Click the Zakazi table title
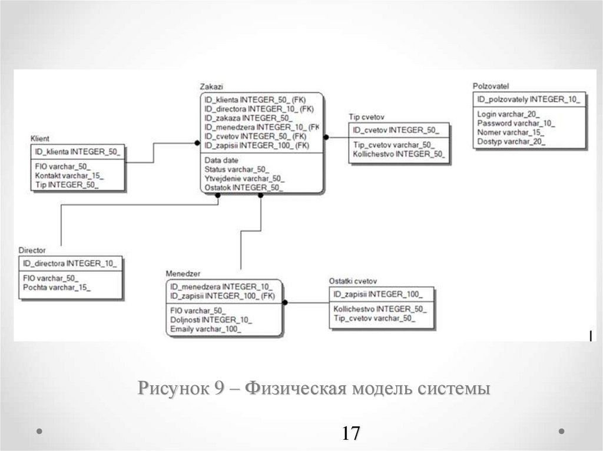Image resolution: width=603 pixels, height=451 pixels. click(x=211, y=86)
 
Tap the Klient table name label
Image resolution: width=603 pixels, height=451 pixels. click(x=39, y=138)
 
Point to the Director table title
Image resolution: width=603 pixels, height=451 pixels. click(x=32, y=250)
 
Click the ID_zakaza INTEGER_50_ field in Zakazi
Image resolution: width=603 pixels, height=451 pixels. click(x=248, y=118)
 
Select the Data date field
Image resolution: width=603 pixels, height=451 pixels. click(x=222, y=160)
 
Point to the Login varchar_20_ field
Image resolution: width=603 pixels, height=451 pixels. click(x=508, y=115)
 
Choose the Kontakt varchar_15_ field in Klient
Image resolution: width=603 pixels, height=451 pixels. click(x=69, y=176)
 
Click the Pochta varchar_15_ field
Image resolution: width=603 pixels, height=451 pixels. click(x=57, y=288)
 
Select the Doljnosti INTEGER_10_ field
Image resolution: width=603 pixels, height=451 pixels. click(x=211, y=320)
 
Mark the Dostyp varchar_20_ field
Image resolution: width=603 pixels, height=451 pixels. click(x=511, y=141)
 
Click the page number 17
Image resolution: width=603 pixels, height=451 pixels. click(x=350, y=433)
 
